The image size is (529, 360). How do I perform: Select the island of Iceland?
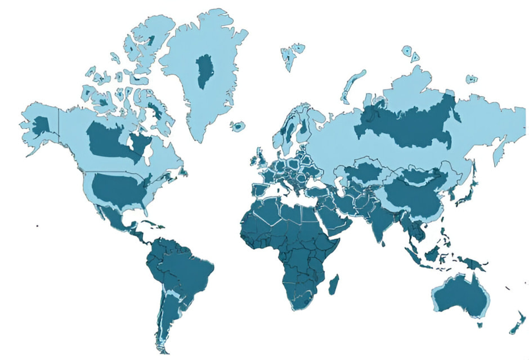[238, 127]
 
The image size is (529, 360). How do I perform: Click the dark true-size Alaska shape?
[40, 124]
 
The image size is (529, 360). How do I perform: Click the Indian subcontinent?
[383, 225]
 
